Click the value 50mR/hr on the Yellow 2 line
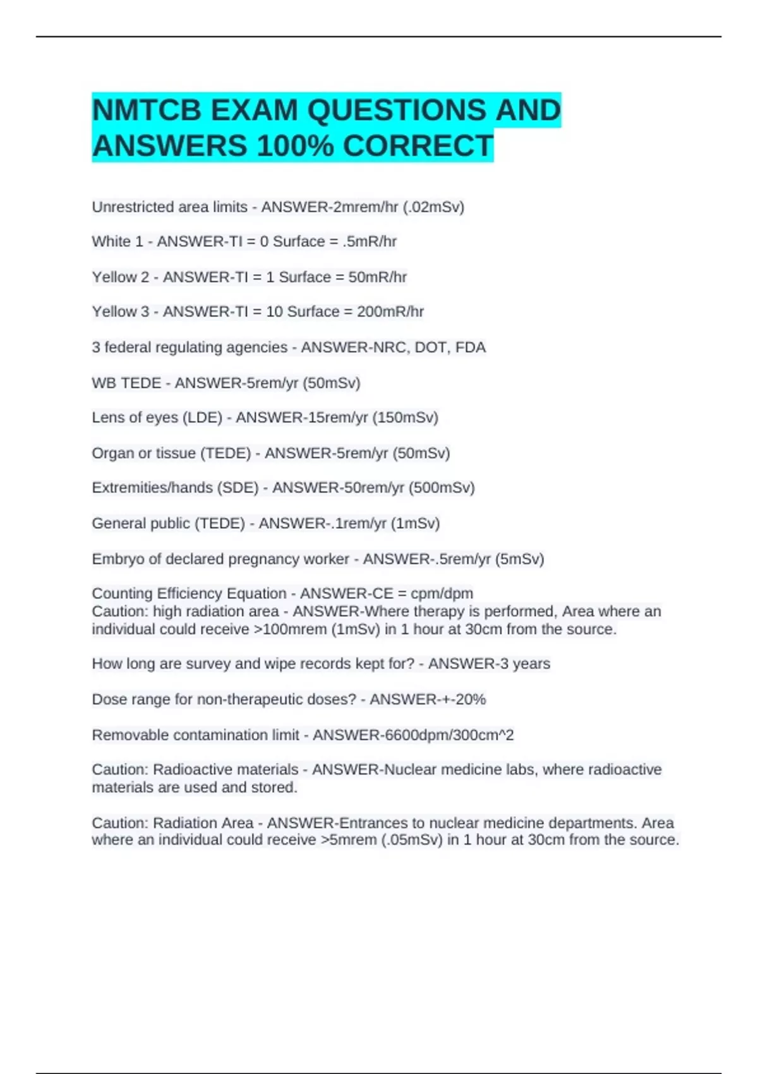pos(377,277)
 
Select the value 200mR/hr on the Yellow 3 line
pos(390,312)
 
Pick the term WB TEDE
pos(126,383)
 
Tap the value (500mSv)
pos(442,488)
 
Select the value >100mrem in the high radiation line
pos(287,629)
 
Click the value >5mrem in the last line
pos(345,840)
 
